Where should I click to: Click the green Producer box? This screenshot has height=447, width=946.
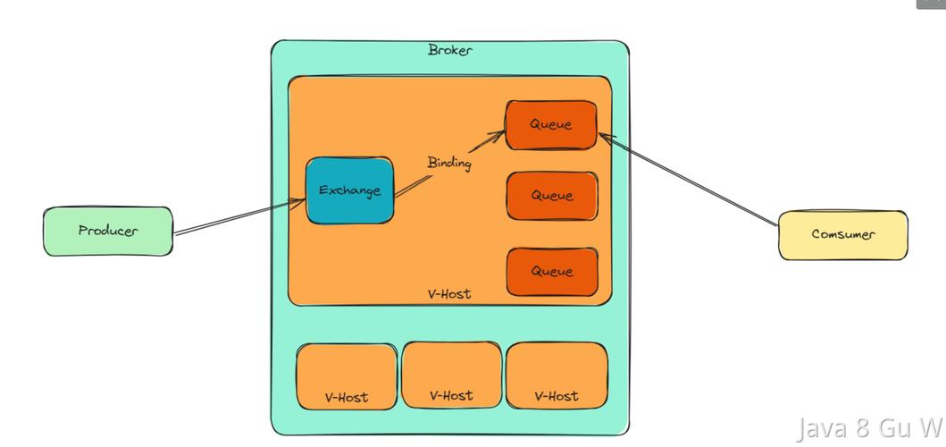pos(108,232)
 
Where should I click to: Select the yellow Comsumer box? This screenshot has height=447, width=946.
pos(843,235)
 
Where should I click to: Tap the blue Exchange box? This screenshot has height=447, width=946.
pos(350,190)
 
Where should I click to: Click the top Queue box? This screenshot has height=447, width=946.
pos(551,125)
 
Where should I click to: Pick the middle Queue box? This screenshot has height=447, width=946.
pos(552,196)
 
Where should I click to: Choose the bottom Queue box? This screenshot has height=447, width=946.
pos(552,272)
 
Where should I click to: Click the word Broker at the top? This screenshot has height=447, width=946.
pos(450,50)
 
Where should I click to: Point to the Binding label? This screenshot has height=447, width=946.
pos(449,163)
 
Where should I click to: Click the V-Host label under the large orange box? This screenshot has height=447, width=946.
pos(449,294)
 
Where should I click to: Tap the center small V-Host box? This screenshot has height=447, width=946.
pos(451,375)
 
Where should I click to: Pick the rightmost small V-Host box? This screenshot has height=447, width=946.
pos(557,375)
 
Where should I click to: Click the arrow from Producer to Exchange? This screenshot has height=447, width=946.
pos(239,216)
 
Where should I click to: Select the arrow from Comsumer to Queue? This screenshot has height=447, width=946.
pos(689,180)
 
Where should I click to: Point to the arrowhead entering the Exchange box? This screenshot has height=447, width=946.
pos(299,202)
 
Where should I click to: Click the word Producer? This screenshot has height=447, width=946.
pos(108,231)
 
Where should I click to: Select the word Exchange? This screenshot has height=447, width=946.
pos(350,190)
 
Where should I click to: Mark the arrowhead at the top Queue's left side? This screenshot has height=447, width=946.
pos(498,135)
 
